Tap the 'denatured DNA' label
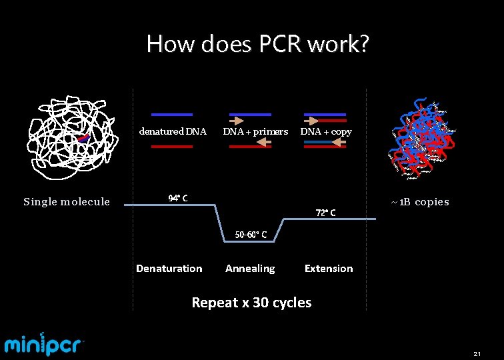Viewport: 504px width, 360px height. pyautogui.click(x=173, y=131)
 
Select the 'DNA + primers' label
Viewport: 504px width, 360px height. pyautogui.click(x=255, y=131)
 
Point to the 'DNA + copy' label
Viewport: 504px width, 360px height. pyautogui.click(x=326, y=131)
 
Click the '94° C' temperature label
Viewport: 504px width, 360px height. pyautogui.click(x=178, y=198)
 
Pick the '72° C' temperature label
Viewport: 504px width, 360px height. pyautogui.click(x=325, y=213)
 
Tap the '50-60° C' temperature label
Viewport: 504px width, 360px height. pyautogui.click(x=251, y=234)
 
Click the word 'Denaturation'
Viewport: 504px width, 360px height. pyautogui.click(x=169, y=269)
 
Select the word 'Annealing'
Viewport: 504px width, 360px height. pyautogui.click(x=250, y=269)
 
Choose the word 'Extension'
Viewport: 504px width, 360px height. pyautogui.click(x=329, y=269)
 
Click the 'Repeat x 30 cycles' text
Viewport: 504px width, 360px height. pyautogui.click(x=251, y=303)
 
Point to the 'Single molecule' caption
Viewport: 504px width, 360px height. pyautogui.click(x=67, y=202)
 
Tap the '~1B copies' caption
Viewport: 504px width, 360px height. pyautogui.click(x=420, y=202)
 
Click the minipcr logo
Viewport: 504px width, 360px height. pyautogui.click(x=44, y=344)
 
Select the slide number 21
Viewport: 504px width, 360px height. pyautogui.click(x=477, y=353)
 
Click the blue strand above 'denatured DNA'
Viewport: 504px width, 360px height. pyautogui.click(x=172, y=115)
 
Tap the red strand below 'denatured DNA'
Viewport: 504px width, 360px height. pyautogui.click(x=172, y=146)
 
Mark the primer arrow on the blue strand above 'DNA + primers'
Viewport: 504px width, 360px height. pyautogui.click(x=237, y=121)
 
